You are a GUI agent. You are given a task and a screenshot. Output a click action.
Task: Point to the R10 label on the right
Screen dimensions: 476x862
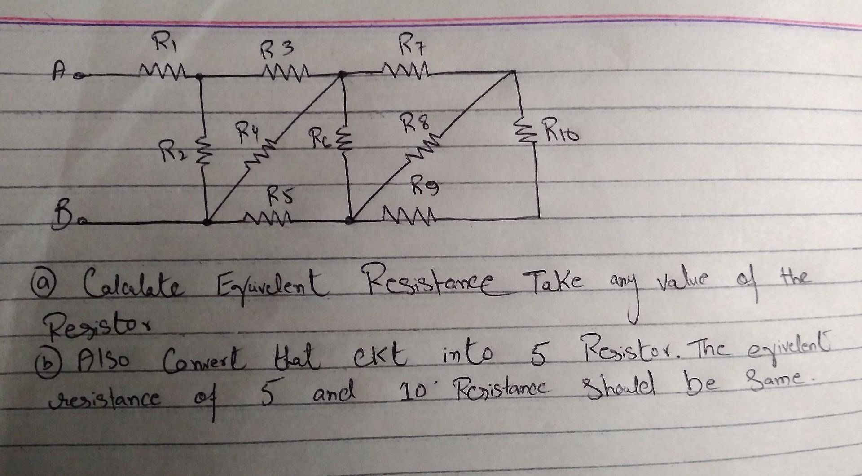click(561, 134)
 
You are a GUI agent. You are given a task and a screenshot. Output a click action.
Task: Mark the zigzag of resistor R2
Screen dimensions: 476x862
click(201, 148)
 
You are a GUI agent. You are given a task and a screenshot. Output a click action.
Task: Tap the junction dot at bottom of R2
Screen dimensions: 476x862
click(207, 222)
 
